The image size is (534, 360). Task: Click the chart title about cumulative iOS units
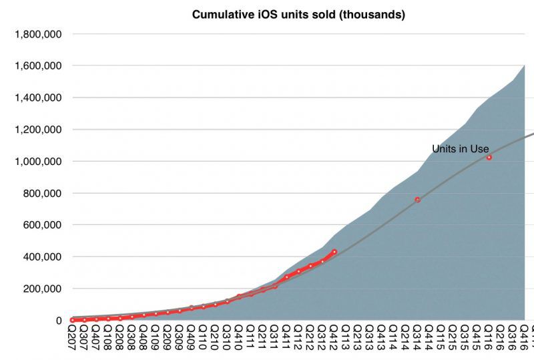click(298, 14)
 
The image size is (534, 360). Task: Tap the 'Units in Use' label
click(461, 149)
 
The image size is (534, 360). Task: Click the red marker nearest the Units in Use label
click(489, 158)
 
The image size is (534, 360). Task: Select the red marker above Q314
click(417, 200)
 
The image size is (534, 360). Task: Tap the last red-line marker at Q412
click(334, 252)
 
